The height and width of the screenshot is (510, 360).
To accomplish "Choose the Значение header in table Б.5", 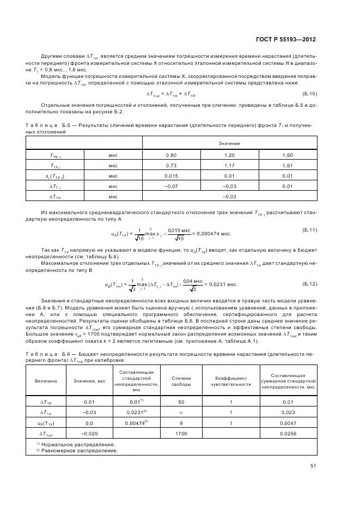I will [230, 143].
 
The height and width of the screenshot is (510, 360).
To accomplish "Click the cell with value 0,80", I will [172, 155].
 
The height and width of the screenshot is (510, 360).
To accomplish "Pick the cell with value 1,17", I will [229, 166].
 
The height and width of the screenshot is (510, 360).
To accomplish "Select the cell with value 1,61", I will [288, 166].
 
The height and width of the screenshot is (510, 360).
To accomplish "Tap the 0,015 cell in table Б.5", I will [172, 176].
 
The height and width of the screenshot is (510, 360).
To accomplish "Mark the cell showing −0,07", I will [172, 186].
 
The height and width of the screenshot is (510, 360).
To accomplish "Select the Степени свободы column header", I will [181, 380].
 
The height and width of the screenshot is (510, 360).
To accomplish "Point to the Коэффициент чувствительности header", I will [231, 380].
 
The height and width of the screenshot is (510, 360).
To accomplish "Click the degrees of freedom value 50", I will [181, 402].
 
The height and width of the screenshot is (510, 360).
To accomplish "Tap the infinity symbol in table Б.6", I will [181, 412].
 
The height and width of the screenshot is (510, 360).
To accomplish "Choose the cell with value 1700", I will [181, 434].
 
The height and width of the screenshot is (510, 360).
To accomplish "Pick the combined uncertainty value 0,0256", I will [288, 434].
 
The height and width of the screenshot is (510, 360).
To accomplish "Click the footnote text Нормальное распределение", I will [78, 445].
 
